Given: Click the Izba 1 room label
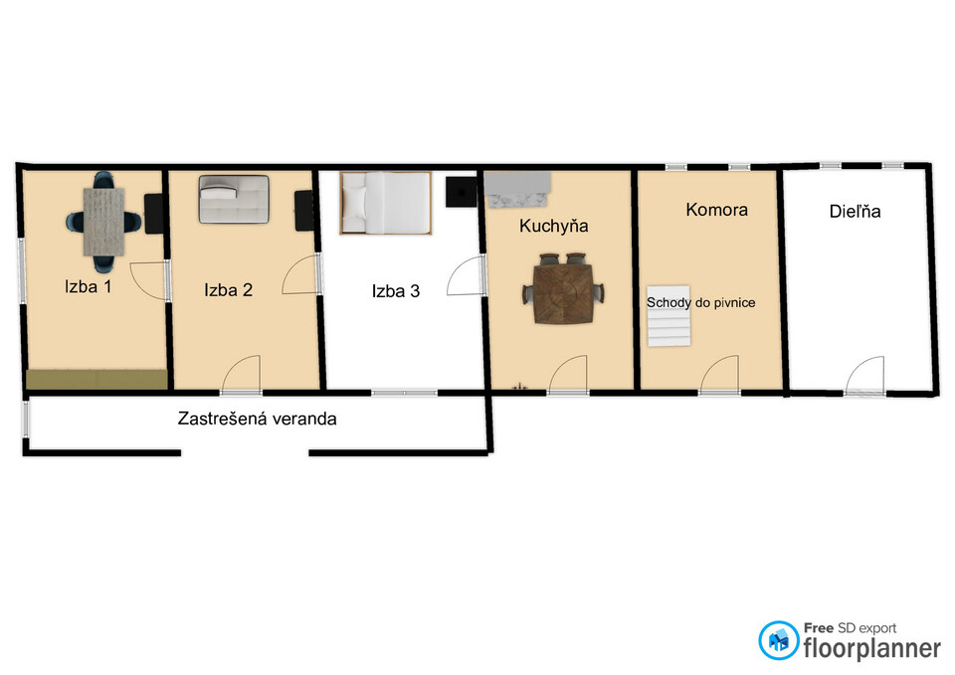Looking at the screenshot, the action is point(89,286).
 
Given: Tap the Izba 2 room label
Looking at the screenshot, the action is point(229,289).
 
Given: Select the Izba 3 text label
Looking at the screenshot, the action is point(396,291).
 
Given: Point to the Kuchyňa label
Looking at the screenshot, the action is point(554,226).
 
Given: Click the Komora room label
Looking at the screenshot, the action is point(717,210).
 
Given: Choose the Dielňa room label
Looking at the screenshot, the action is point(856,211).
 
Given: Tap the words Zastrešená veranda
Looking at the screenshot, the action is point(257,419).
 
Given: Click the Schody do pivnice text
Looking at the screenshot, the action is point(701,302).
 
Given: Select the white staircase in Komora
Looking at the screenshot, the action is point(668,316).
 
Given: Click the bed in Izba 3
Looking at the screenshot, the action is point(386,203).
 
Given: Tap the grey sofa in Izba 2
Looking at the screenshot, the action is point(234,199).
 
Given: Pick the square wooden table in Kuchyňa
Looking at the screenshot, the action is point(563,294).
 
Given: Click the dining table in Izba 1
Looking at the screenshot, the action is point(104,222).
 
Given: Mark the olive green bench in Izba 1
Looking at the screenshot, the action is point(96,379).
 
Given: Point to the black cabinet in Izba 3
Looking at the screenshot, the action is point(461,192).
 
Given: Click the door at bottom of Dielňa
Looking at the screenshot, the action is point(864,376).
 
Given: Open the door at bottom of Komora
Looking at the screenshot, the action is point(720,375).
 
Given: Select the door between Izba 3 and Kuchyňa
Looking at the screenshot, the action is point(466,276).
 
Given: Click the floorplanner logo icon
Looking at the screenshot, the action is point(778,640).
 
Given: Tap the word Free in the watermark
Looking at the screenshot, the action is point(819,627).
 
